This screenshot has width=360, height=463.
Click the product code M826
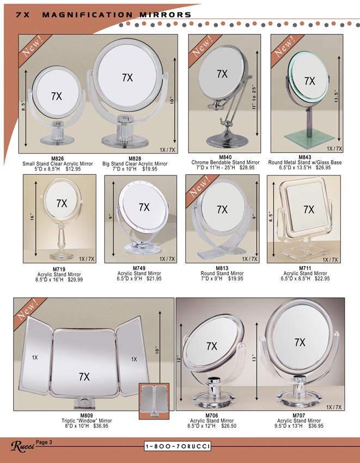(x=57, y=159)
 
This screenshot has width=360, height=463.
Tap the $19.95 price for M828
(x=150, y=169)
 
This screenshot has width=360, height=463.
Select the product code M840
(x=225, y=157)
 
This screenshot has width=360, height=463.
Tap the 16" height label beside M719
(x=32, y=217)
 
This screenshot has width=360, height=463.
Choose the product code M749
(x=139, y=268)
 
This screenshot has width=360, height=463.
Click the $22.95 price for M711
(x=322, y=278)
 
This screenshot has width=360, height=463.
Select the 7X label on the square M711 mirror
(x=309, y=209)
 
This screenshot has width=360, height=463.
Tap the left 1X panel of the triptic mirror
(x=34, y=356)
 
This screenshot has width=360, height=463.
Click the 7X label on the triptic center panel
(x=84, y=377)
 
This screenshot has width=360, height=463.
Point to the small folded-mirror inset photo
(x=154, y=401)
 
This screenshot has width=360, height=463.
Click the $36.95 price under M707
(x=316, y=426)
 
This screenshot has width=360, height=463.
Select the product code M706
(x=212, y=416)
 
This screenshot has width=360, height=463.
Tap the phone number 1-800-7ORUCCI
(x=178, y=446)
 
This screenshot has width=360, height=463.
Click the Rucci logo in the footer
(x=22, y=446)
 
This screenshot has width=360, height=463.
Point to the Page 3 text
(x=44, y=442)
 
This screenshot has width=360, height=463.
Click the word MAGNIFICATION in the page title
(x=88, y=15)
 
